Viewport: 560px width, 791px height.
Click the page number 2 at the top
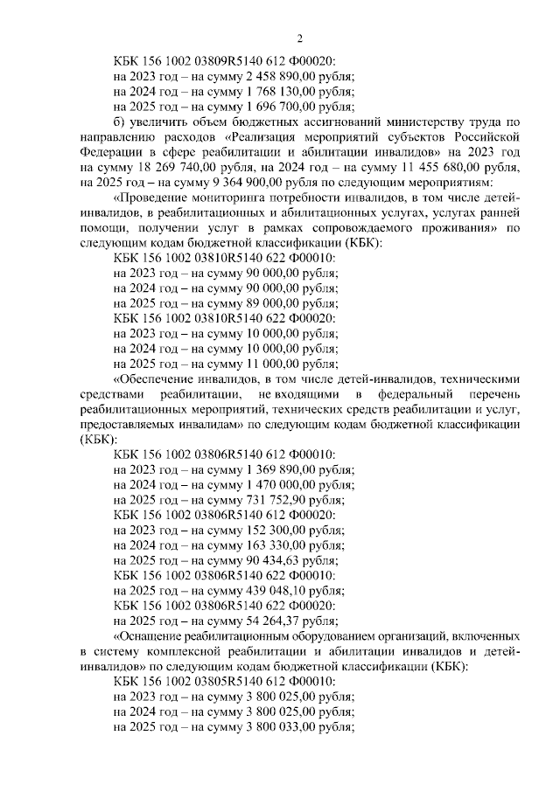(x=299, y=38)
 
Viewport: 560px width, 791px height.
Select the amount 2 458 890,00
(x=269, y=76)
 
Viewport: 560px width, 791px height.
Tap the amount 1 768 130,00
(x=269, y=92)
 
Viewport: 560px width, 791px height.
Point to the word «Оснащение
(x=150, y=635)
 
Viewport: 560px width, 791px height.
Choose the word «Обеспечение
(x=156, y=378)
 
